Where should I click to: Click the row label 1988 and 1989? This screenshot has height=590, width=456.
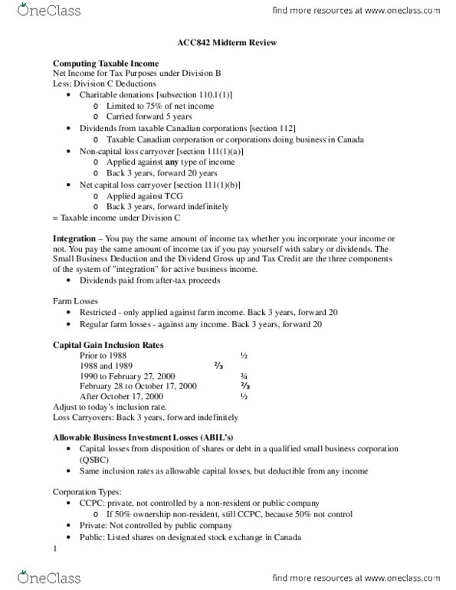click(106, 366)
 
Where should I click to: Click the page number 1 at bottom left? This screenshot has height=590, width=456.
click(55, 548)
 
